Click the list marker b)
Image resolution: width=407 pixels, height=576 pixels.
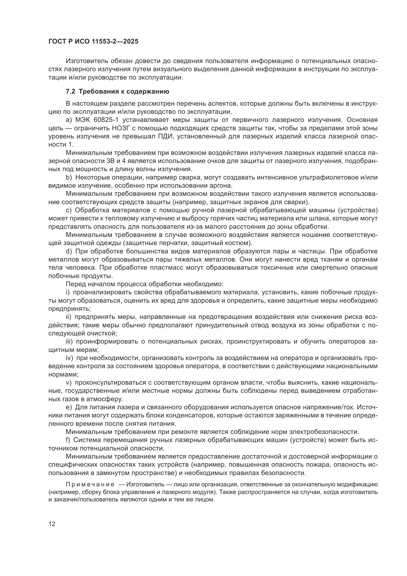[x=69, y=177]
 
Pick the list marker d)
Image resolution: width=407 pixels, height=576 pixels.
[x=69, y=251]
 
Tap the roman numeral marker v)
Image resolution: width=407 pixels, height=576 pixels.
[x=69, y=382]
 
